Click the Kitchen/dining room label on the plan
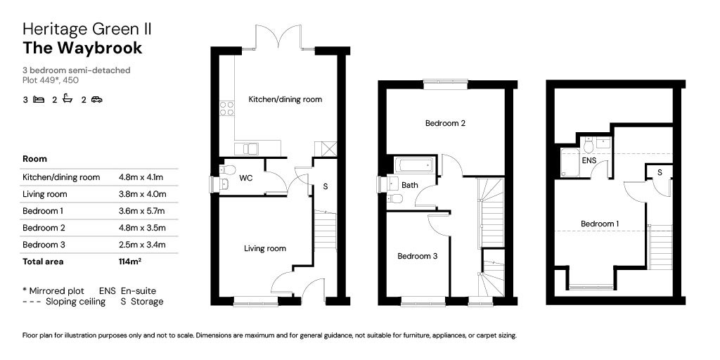pyautogui.click(x=285, y=99)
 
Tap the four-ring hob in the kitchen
pyautogui.click(x=227, y=108)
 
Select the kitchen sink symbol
pyautogui.click(x=246, y=149)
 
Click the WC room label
pyautogui.click(x=245, y=178)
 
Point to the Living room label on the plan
pyautogui.click(x=265, y=248)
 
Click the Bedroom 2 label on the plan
pyautogui.click(x=442, y=123)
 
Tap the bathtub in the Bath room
pyautogui.click(x=413, y=165)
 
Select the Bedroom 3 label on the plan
pyautogui.click(x=418, y=256)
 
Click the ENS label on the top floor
pyautogui.click(x=589, y=161)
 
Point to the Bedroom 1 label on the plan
pyautogui.click(x=600, y=224)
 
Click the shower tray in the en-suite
pyautogui.click(x=570, y=162)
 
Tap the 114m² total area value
pyautogui.click(x=129, y=262)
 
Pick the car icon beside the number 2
pyautogui.click(x=96, y=99)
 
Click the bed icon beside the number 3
pyautogui.click(x=39, y=99)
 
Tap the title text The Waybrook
pyautogui.click(x=83, y=48)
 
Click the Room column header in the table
pyautogui.click(x=35, y=159)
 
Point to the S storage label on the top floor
pyautogui.click(x=660, y=173)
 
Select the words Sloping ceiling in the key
pyautogui.click(x=76, y=302)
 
